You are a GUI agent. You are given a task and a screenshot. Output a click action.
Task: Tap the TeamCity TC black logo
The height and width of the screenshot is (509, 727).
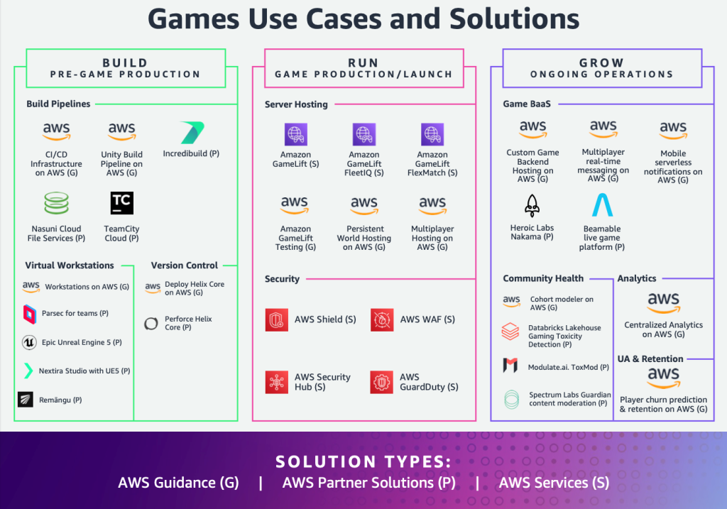[x=122, y=203]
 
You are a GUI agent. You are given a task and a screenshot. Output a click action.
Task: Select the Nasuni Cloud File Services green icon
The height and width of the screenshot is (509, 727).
[x=56, y=204]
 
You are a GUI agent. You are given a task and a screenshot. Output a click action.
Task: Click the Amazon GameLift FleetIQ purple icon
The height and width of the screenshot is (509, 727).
[x=363, y=133]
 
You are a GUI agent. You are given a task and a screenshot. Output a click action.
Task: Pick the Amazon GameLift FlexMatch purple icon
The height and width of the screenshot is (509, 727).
[x=432, y=133]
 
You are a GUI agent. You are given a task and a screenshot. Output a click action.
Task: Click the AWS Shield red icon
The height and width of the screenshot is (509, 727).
[x=277, y=320]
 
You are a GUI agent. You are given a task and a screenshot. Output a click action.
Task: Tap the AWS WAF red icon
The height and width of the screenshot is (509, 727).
[x=382, y=320]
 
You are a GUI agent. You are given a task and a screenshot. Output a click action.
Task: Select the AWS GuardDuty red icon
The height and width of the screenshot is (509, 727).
[x=382, y=383]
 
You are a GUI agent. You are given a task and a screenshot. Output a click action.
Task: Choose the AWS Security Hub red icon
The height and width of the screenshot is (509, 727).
[x=277, y=383]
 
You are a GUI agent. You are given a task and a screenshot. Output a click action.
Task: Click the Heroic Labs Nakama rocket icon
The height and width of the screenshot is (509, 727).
[x=532, y=206]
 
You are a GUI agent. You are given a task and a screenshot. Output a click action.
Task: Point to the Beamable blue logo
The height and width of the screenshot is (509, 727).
[x=602, y=205]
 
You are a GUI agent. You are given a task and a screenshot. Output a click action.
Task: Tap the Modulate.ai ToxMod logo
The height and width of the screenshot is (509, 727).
[x=510, y=366]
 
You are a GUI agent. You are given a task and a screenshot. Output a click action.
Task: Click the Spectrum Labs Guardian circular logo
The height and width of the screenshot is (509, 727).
[x=511, y=399]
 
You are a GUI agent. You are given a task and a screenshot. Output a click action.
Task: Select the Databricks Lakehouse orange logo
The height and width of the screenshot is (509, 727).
[x=510, y=332]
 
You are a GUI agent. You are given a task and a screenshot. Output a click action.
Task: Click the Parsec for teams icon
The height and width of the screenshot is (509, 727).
[x=30, y=313]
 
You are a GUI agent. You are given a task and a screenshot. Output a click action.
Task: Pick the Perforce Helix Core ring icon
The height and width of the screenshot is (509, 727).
[x=151, y=324]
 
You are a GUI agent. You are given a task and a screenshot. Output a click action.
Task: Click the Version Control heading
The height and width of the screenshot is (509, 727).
[x=184, y=265]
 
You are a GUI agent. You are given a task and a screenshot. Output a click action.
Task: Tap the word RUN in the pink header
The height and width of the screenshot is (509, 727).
[x=363, y=63]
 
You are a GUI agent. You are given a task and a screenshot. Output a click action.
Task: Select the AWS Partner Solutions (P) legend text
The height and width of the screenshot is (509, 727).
[x=368, y=483]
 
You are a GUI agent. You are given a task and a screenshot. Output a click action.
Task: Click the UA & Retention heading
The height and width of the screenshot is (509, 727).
[x=650, y=359]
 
